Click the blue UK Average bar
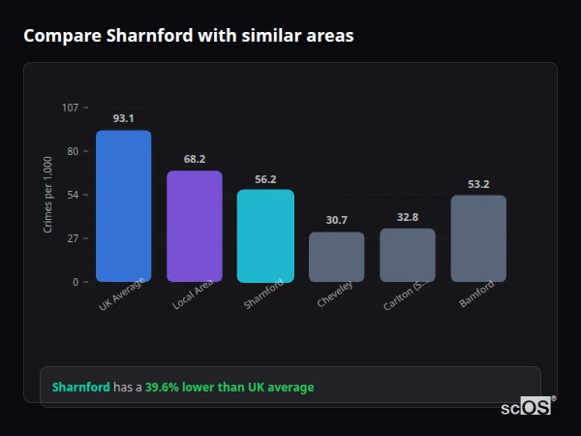(x=123, y=206)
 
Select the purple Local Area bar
(x=195, y=227)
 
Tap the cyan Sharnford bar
(x=265, y=235)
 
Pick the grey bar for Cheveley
(x=336, y=257)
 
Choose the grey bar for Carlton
(x=408, y=255)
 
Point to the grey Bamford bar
(x=478, y=238)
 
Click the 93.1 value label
(x=123, y=118)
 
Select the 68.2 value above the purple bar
(x=195, y=159)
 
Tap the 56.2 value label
(x=265, y=179)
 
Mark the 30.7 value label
(x=336, y=221)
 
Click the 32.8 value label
(x=408, y=217)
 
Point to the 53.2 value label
(x=478, y=184)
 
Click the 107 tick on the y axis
(x=70, y=108)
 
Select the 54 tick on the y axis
(x=73, y=195)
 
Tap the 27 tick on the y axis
(x=73, y=238)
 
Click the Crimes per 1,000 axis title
(x=48, y=195)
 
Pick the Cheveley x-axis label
(x=336, y=295)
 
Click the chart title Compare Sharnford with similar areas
(x=189, y=36)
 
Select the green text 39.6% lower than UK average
(x=229, y=388)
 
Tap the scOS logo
(x=527, y=407)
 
